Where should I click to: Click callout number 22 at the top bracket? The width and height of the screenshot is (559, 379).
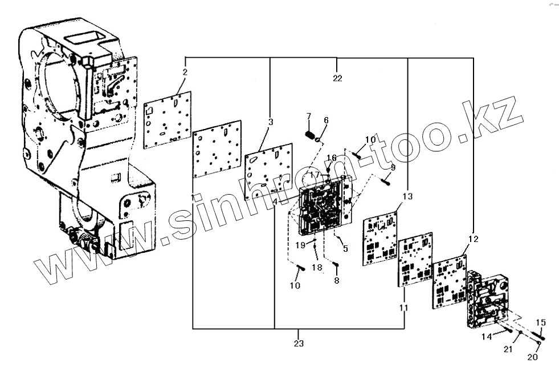pyautogui.click(x=337, y=78)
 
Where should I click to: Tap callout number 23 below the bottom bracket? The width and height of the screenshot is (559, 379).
pyautogui.click(x=299, y=344)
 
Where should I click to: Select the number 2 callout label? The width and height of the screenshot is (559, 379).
pyautogui.click(x=185, y=72)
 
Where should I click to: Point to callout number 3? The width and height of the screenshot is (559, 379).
pyautogui.click(x=271, y=122)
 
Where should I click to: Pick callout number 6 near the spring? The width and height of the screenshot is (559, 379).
pyautogui.click(x=326, y=120)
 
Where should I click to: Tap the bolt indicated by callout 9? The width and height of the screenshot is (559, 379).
pyautogui.click(x=386, y=182)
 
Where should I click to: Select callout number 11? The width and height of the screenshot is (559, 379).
pyautogui.click(x=403, y=308)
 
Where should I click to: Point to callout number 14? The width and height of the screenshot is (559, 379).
pyautogui.click(x=486, y=337)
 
